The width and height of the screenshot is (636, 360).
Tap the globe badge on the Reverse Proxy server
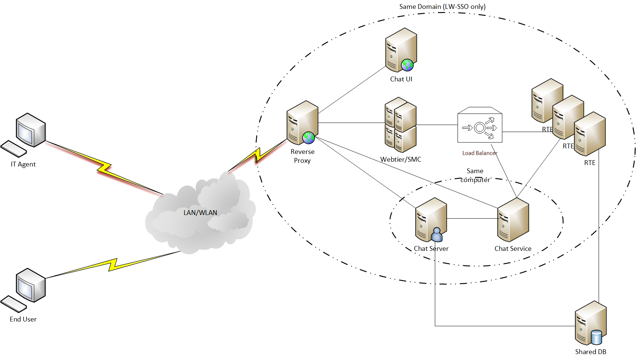point(308,138)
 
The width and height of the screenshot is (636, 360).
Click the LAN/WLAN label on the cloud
point(200,213)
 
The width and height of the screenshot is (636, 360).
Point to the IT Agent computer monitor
point(31,130)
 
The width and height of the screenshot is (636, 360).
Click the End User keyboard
point(14,304)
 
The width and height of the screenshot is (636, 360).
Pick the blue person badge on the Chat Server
point(437,235)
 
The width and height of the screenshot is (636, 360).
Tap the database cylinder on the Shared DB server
point(596,337)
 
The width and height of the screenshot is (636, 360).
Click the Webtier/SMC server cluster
point(401,125)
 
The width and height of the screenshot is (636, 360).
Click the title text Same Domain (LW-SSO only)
point(442,7)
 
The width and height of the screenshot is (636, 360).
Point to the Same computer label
point(475,175)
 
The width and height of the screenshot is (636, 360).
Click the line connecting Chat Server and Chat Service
point(472,219)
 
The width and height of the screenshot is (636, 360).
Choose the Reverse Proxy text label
point(302,156)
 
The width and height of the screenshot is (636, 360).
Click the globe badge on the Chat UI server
point(407,65)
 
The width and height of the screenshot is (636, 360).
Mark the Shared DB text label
point(590,352)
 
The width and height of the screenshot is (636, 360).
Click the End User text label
point(23,319)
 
